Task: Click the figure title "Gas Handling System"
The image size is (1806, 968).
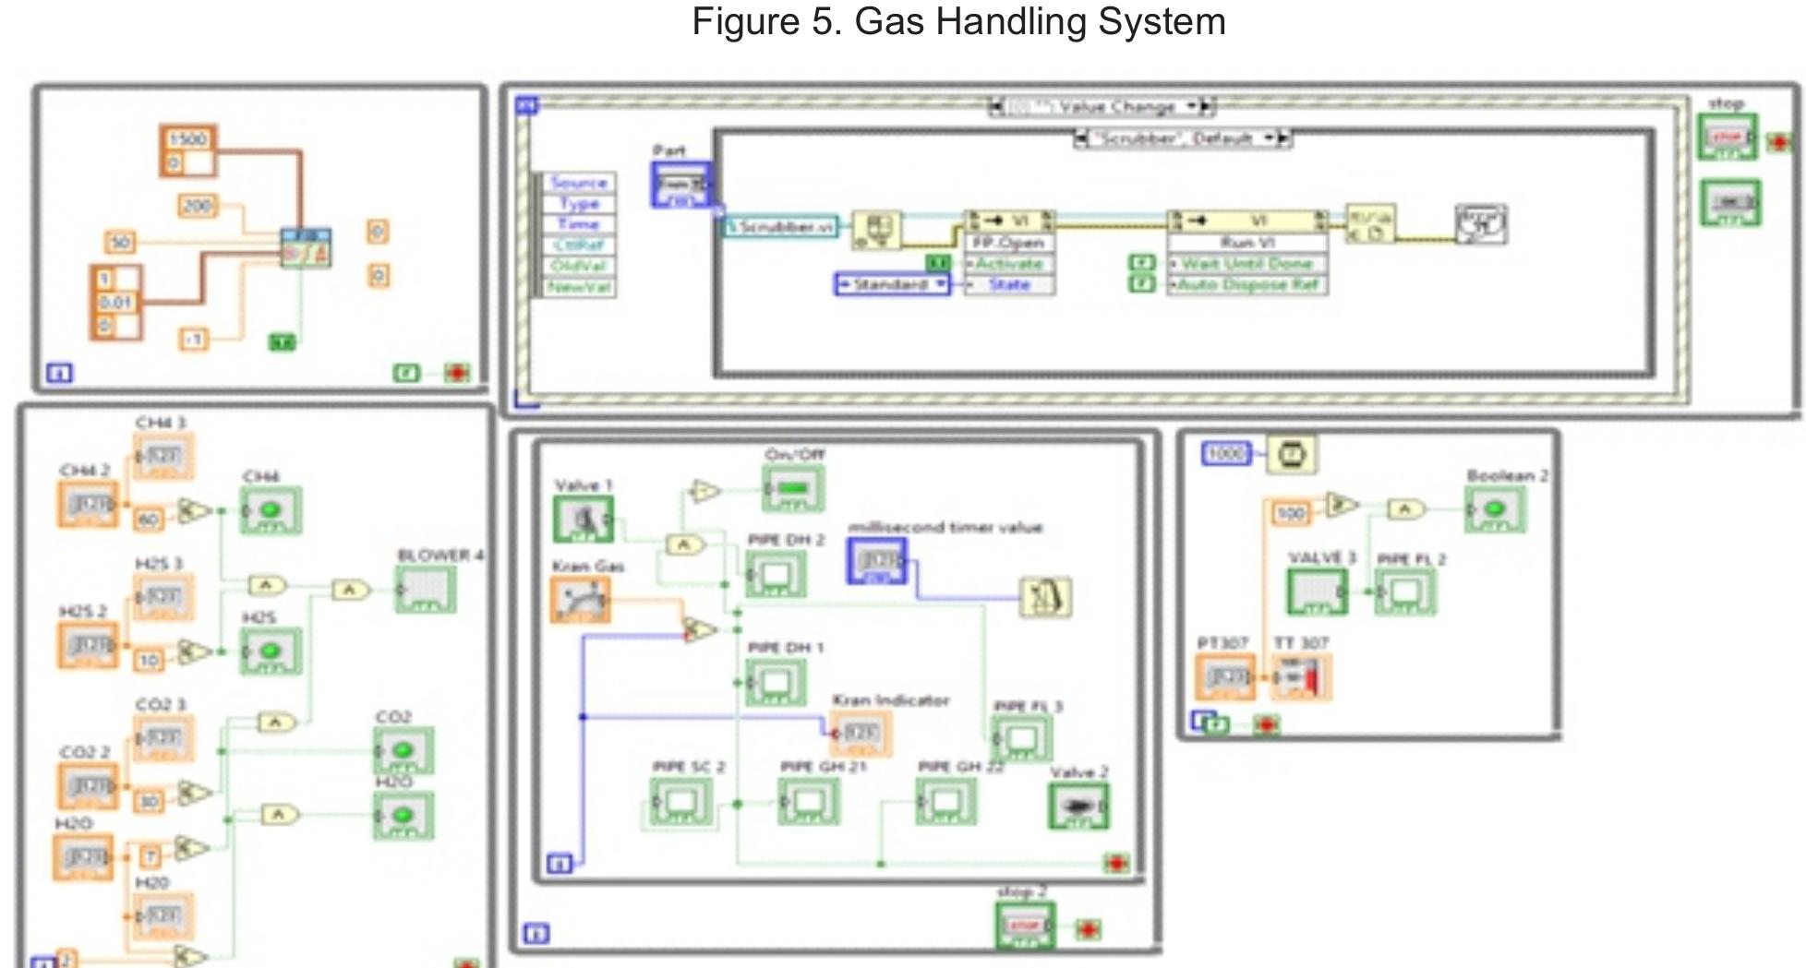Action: tap(958, 21)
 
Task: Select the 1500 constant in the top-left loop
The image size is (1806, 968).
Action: tap(187, 138)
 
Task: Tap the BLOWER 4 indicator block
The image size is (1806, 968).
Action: tap(426, 590)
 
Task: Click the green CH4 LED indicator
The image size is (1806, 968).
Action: tap(271, 510)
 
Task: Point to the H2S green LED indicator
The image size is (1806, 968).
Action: tap(271, 651)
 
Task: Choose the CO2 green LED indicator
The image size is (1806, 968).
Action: tap(403, 751)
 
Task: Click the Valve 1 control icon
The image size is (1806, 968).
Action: tap(583, 519)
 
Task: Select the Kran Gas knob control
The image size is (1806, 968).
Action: tap(581, 600)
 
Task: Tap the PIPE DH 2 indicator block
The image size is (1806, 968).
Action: tap(776, 574)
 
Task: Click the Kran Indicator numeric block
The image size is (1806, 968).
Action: tap(861, 734)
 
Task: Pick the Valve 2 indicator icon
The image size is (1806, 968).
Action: tap(1078, 806)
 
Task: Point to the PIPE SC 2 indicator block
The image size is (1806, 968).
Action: tap(680, 802)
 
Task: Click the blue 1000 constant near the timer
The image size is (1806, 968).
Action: tap(1225, 453)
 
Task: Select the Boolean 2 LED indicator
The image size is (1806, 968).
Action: tap(1495, 509)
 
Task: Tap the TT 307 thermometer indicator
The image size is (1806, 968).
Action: tap(1302, 677)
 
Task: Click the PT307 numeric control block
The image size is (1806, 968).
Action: tap(1225, 677)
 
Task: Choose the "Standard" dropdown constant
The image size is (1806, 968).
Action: tap(891, 284)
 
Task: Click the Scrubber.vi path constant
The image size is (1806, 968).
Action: tap(780, 226)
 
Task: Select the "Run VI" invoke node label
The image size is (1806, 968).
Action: tap(1246, 243)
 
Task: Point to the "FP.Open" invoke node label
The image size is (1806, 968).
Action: tap(1008, 243)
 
